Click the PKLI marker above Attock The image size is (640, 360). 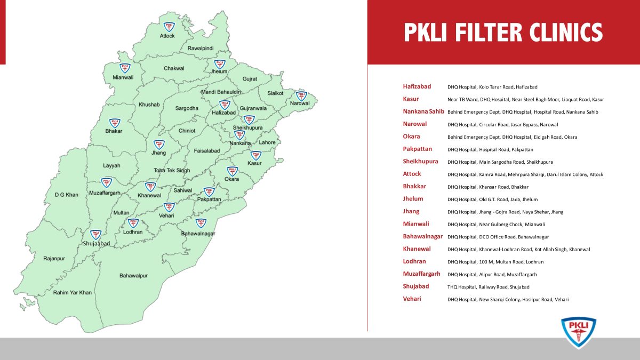[x=169, y=26]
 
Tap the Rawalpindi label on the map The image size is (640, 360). [x=201, y=49]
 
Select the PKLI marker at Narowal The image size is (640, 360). [x=301, y=95]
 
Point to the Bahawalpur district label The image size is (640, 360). [x=133, y=276]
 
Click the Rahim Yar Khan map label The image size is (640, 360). [x=73, y=292]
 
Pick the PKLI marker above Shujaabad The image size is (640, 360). [x=95, y=235]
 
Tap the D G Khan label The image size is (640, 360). [x=66, y=195]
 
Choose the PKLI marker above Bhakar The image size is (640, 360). [x=114, y=123]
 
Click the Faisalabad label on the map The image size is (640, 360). [x=207, y=151]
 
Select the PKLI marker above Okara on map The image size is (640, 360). [x=232, y=171]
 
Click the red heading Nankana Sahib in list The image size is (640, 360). [x=423, y=111]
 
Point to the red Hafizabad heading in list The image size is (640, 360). [x=417, y=86]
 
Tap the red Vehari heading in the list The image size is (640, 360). [x=412, y=299]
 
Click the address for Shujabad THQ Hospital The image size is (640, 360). [x=488, y=287]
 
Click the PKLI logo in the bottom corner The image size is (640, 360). [x=578, y=332]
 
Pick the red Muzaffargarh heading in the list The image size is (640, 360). [x=421, y=274]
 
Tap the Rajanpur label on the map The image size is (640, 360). [x=54, y=259]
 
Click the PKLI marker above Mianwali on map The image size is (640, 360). [x=125, y=68]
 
